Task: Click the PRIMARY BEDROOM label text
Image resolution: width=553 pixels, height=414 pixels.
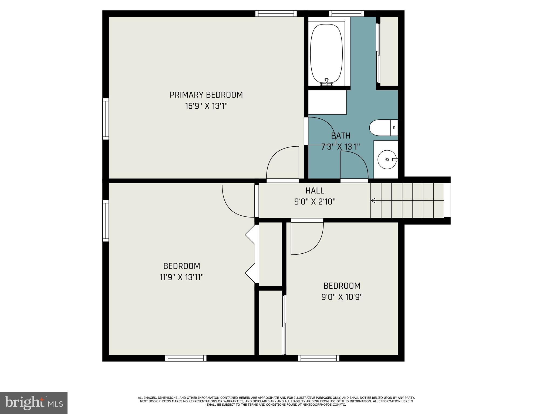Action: click(206, 95)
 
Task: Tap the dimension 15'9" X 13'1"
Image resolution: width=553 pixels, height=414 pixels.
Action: click(206, 106)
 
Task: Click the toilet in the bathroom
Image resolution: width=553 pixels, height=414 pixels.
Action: click(383, 128)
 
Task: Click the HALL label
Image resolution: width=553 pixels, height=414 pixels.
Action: click(315, 191)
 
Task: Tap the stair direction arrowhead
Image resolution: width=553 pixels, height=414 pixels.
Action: click(373, 201)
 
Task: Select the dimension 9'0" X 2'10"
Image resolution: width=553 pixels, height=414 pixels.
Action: click(315, 202)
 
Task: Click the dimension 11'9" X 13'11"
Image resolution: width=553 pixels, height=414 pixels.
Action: click(181, 277)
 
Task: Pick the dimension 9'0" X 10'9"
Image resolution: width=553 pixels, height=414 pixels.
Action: click(342, 297)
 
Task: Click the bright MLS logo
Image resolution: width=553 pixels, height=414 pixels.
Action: click(34, 403)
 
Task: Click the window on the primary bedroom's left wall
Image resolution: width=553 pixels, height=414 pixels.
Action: click(106, 119)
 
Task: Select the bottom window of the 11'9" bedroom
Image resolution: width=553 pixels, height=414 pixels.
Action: click(186, 358)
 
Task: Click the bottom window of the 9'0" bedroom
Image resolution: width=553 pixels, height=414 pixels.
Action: click(319, 358)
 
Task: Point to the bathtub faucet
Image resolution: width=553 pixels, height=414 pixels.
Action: click(326, 82)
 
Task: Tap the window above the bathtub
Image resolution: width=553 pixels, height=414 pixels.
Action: click(346, 13)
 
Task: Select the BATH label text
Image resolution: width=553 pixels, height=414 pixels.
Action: click(340, 136)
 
